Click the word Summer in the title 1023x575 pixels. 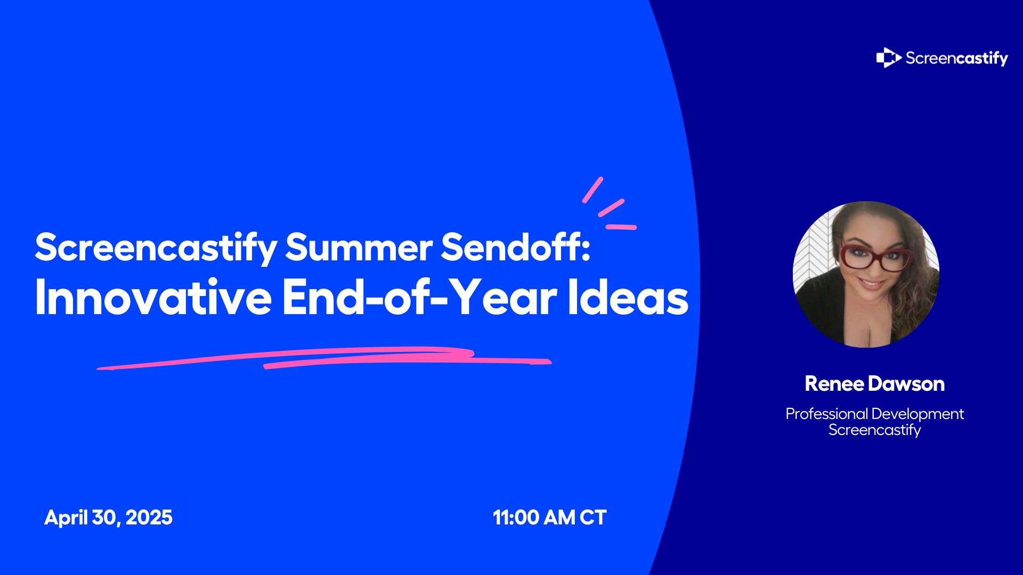(x=359, y=247)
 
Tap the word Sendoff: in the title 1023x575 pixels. (x=516, y=247)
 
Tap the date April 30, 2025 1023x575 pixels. (x=108, y=517)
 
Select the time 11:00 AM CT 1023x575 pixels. (x=549, y=517)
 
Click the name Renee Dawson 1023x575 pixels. (x=874, y=384)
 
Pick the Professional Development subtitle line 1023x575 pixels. (x=874, y=414)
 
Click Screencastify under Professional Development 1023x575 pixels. (x=874, y=430)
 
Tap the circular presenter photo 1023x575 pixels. (x=866, y=274)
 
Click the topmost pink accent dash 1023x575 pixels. (x=592, y=190)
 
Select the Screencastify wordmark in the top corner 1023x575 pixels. (x=956, y=58)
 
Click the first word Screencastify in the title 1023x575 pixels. (x=156, y=248)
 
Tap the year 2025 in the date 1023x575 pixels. (x=149, y=517)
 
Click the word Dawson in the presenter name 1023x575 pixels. (x=906, y=384)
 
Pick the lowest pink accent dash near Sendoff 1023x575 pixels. (x=621, y=227)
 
